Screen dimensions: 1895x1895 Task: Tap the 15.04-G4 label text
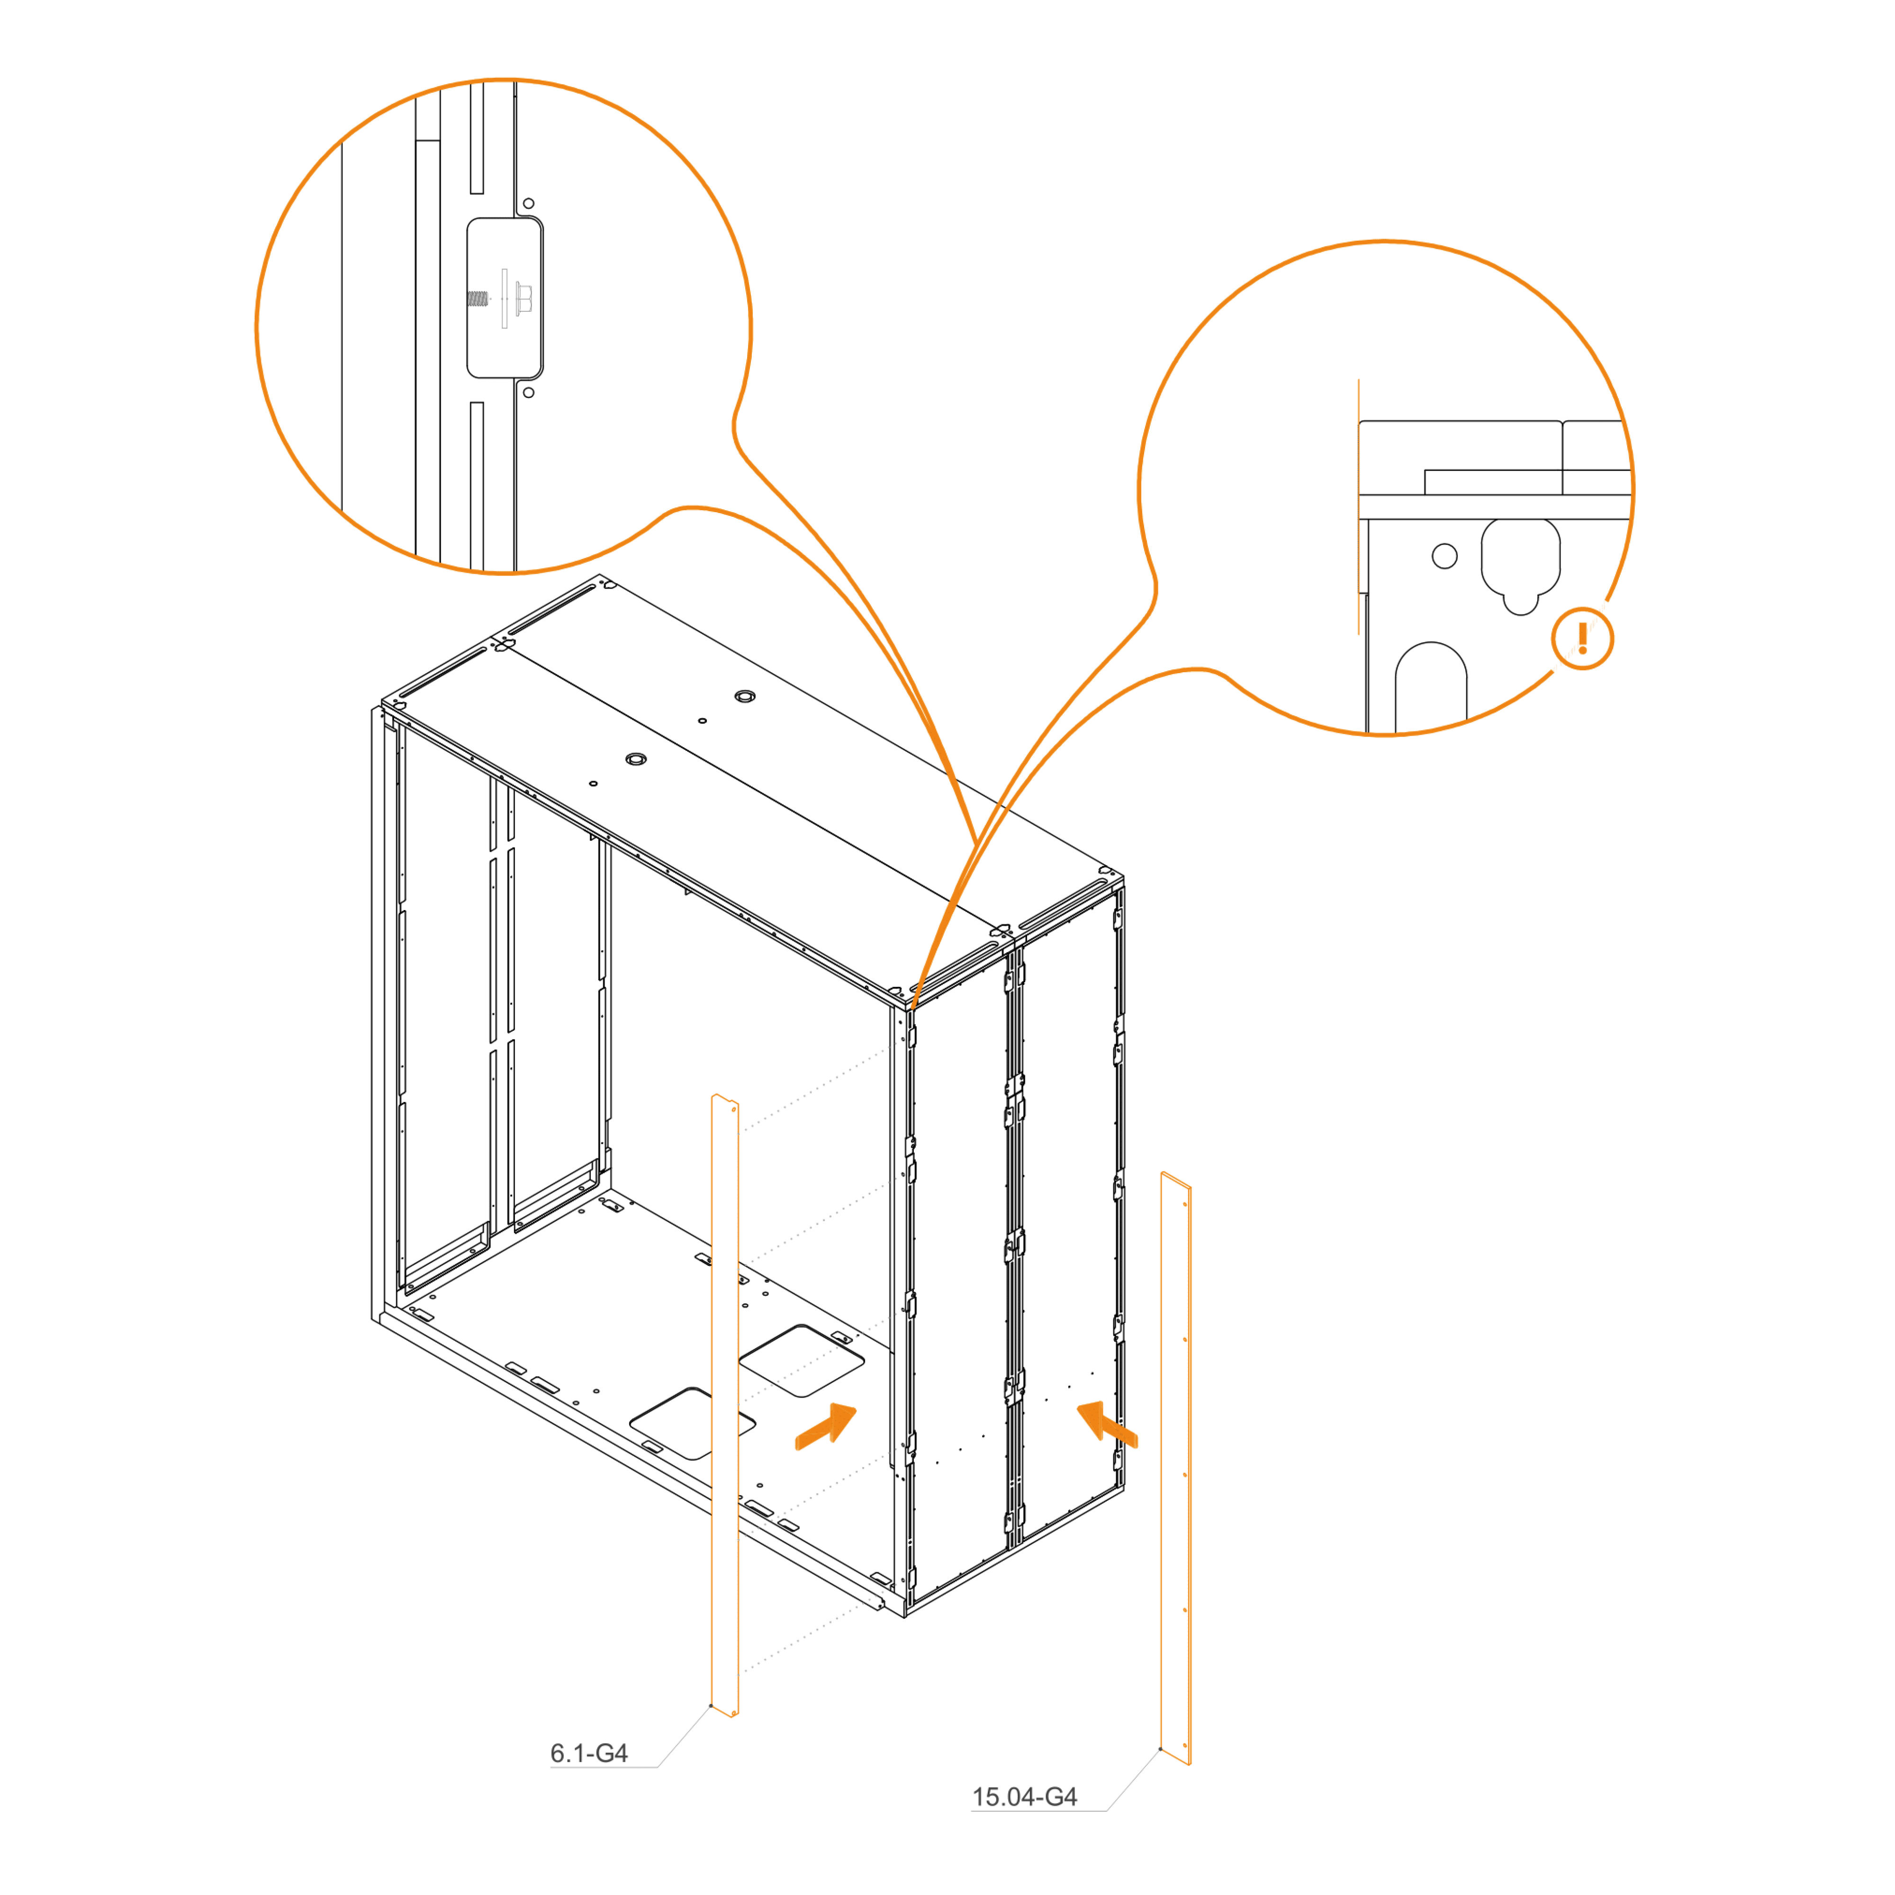tap(1024, 1797)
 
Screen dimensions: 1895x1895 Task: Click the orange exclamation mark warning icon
tap(1582, 639)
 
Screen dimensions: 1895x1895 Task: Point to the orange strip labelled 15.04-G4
tap(1176, 1468)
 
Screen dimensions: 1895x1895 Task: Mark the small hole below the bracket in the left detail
tap(529, 392)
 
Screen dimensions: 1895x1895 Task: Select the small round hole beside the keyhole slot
tap(1445, 556)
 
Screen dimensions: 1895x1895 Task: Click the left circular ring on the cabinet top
tap(637, 759)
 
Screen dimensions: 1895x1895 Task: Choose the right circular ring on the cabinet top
tap(745, 696)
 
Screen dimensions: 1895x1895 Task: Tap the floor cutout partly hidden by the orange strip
tap(692, 1423)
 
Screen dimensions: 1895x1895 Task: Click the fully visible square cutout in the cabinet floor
tap(802, 1361)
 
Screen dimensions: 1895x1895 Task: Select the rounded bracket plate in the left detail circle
tap(504, 298)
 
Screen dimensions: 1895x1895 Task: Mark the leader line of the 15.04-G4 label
tap(1133, 1779)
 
